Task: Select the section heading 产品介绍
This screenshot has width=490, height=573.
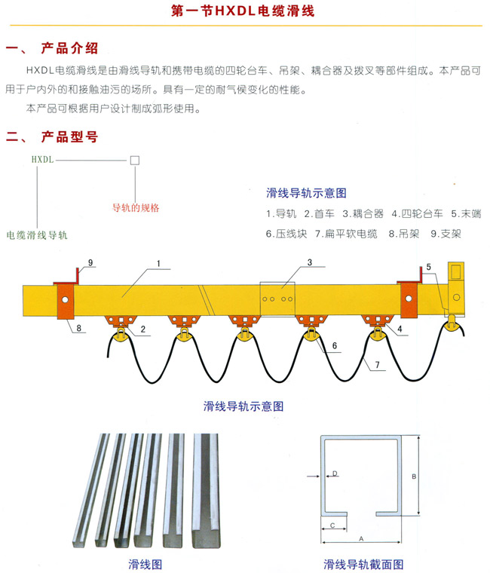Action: [x=69, y=49]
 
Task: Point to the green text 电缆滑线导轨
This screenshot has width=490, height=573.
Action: [x=37, y=235]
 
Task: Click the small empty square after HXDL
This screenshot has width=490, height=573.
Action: [x=134, y=160]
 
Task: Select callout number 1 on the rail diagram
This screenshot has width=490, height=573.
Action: [x=160, y=263]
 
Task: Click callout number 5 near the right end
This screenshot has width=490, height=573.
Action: [x=427, y=267]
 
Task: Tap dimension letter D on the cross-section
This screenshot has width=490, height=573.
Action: [x=335, y=473]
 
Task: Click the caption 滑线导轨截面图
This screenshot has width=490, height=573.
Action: [x=363, y=564]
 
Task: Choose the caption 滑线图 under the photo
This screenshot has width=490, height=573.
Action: [x=145, y=564]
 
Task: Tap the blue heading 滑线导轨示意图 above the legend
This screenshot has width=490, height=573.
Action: [x=307, y=193]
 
